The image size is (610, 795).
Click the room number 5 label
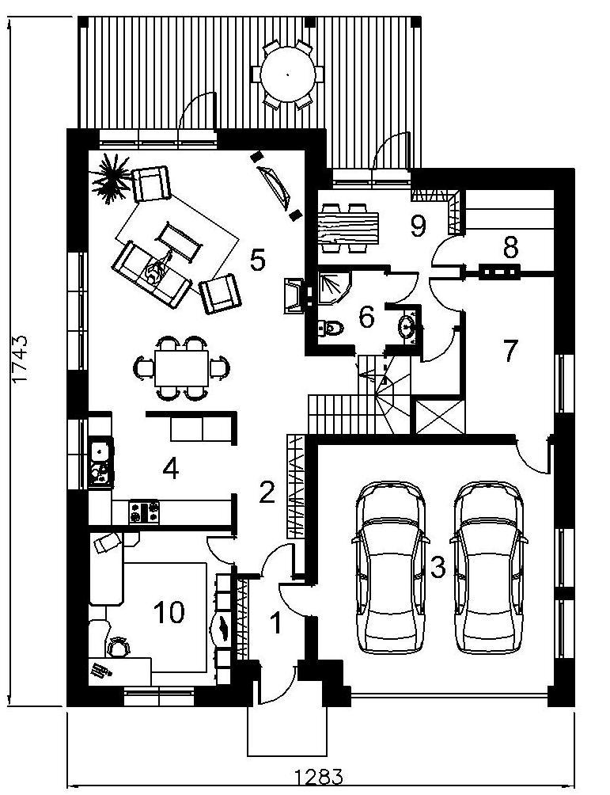point(256,260)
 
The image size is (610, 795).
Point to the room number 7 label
point(510,350)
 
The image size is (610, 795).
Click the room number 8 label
point(510,247)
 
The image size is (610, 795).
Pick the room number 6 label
point(366,318)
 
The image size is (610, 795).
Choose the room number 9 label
point(418,226)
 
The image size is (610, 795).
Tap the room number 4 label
point(170,469)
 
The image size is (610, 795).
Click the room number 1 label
point(276,625)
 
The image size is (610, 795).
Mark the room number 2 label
point(267,493)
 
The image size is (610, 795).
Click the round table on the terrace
point(287,74)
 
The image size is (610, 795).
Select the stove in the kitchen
point(144,511)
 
